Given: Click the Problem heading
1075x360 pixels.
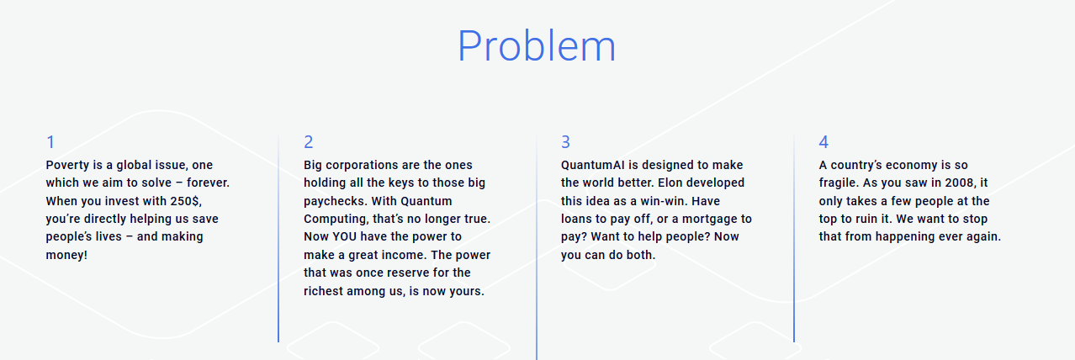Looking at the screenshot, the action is click(x=537, y=46).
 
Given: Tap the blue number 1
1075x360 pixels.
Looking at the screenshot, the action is click(x=50, y=142).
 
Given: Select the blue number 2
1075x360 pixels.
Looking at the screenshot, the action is click(x=309, y=142).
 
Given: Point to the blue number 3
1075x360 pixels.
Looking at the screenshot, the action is click(x=566, y=142).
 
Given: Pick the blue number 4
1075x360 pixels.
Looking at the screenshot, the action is click(x=823, y=142).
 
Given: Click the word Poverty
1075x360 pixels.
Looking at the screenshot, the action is click(x=67, y=165).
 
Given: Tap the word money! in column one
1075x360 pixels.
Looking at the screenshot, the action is click(x=66, y=255).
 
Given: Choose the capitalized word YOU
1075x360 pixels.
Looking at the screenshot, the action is click(x=345, y=236).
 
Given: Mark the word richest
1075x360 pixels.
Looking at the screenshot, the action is click(x=324, y=291).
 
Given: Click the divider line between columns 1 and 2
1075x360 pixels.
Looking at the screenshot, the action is click(x=278, y=236).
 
